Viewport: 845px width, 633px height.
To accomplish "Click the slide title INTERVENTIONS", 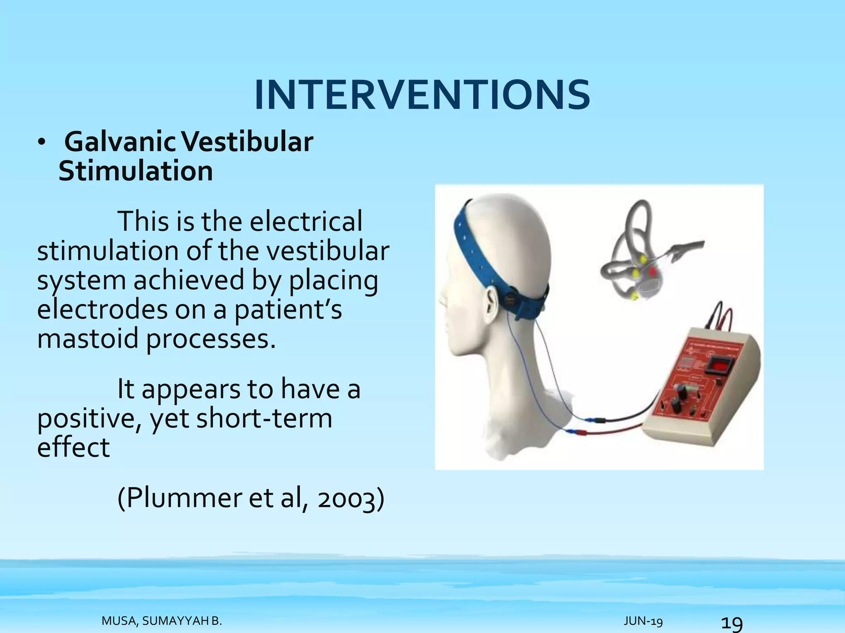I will point(422,96).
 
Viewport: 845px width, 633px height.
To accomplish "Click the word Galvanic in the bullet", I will point(120,142).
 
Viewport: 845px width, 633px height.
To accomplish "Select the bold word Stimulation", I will point(136,171).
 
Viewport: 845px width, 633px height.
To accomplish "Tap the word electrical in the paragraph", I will point(306,221).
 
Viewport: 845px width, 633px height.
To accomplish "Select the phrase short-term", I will point(264,418).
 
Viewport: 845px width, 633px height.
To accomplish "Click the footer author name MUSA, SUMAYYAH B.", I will point(162,621).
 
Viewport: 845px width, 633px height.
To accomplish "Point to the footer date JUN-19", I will point(643,621).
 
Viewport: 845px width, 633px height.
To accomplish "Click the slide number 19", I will point(732,623).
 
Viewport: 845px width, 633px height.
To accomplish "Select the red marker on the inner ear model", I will point(652,271).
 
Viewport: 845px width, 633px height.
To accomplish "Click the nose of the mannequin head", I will point(442,295).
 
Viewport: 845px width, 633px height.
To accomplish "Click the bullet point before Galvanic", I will point(41,143).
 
